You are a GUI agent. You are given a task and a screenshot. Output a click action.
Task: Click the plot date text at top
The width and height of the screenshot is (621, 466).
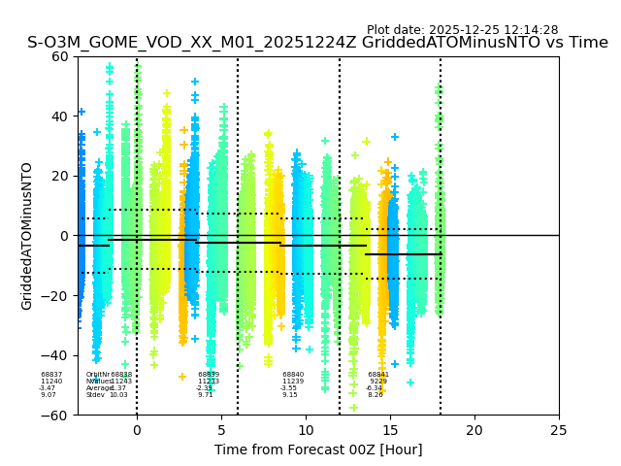pyautogui.click(x=462, y=30)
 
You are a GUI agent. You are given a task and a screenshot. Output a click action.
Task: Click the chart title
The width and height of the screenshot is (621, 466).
pyautogui.click(x=317, y=43)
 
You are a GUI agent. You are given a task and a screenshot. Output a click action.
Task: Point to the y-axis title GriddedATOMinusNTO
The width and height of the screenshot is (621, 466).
pyautogui.click(x=27, y=236)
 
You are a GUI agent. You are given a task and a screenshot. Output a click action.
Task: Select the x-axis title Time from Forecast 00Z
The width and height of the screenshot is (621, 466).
pyautogui.click(x=318, y=449)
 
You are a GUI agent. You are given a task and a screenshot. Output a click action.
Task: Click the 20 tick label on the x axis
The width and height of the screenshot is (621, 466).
pyautogui.click(x=474, y=429)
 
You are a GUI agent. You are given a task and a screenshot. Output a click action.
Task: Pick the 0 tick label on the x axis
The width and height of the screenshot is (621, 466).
pyautogui.click(x=137, y=429)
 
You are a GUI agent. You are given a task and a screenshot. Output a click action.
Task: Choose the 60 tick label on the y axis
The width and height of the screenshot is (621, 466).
pyautogui.click(x=58, y=56)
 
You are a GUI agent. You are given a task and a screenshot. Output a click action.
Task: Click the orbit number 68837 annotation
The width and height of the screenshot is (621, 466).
pyautogui.click(x=51, y=375)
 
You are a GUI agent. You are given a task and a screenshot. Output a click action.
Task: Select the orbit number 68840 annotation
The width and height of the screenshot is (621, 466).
pyautogui.click(x=293, y=375)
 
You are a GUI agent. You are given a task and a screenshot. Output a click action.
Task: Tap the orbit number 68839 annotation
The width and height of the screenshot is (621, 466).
pyautogui.click(x=209, y=375)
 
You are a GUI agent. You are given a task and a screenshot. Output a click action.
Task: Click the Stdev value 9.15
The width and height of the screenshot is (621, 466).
pyautogui.click(x=290, y=395)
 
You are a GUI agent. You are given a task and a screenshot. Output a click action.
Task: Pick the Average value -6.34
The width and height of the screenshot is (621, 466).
pyautogui.click(x=375, y=388)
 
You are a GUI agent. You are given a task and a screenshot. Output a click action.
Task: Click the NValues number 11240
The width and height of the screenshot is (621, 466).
pyautogui.click(x=51, y=382)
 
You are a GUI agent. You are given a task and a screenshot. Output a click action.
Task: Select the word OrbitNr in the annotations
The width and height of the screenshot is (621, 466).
pyautogui.click(x=97, y=375)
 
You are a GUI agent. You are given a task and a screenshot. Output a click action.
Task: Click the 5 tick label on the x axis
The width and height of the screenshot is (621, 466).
pyautogui.click(x=221, y=429)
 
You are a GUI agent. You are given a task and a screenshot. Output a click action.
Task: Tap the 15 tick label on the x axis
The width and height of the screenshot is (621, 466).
pyautogui.click(x=390, y=429)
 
